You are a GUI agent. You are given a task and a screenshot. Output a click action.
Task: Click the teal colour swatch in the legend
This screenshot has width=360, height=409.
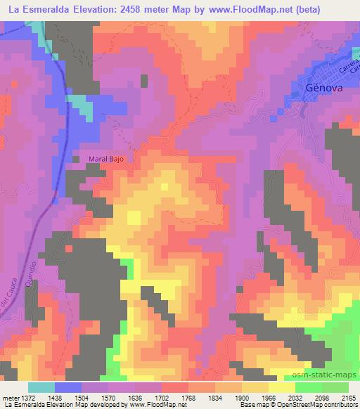pyautogui.click(x=41, y=387)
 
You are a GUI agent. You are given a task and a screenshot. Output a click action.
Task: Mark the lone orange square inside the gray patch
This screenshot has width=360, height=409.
pyautogui.click(x=68, y=247)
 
